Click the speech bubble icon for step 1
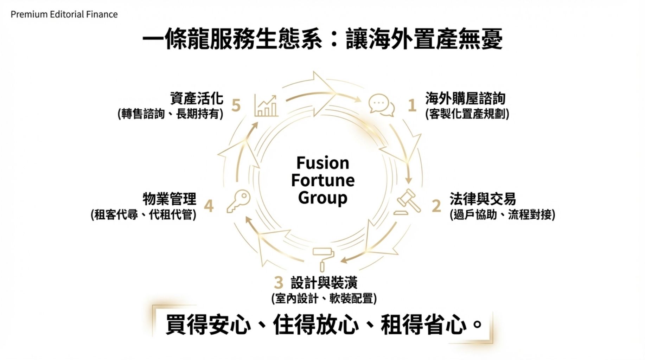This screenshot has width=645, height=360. pyautogui.click(x=381, y=105)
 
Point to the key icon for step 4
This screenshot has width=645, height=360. pyautogui.click(x=238, y=201)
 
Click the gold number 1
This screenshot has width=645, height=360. pyautogui.click(x=412, y=105)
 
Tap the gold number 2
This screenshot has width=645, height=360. pyautogui.click(x=436, y=206)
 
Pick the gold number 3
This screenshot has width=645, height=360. pyautogui.click(x=279, y=282)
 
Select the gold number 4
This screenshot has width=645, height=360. pyautogui.click(x=209, y=206)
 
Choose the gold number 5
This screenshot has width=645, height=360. pyautogui.click(x=236, y=105)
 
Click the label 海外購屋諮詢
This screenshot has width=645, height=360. pyautogui.click(x=465, y=98)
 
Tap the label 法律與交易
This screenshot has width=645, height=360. pyautogui.click(x=483, y=199)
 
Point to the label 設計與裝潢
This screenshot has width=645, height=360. pyautogui.click(x=324, y=283)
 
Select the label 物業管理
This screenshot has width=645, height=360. pyautogui.click(x=170, y=199)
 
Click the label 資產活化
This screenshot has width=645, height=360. pyautogui.click(x=197, y=98)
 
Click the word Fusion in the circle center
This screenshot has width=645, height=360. pyautogui.click(x=322, y=163)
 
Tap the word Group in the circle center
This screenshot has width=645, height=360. pyautogui.click(x=322, y=198)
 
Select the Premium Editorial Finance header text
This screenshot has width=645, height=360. pyautogui.click(x=64, y=14)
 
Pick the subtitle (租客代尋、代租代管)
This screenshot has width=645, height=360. pyautogui.click(x=143, y=214)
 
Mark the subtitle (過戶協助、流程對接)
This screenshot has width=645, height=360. pyautogui.click(x=502, y=214)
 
